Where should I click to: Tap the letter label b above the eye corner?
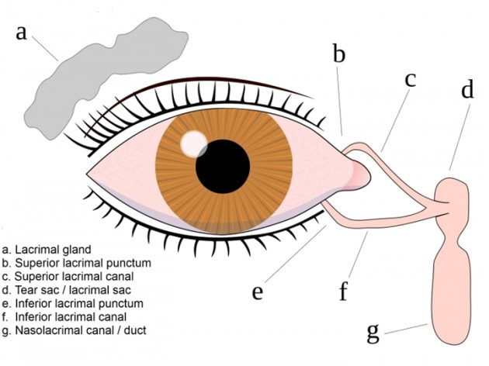pyautogui.click(x=338, y=54)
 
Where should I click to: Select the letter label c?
pyautogui.click(x=409, y=79)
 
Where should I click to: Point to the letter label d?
pyautogui.click(x=466, y=89)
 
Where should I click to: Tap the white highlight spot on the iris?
pyautogui.click(x=192, y=143)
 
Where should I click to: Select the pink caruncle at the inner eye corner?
pyautogui.click(x=359, y=172)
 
